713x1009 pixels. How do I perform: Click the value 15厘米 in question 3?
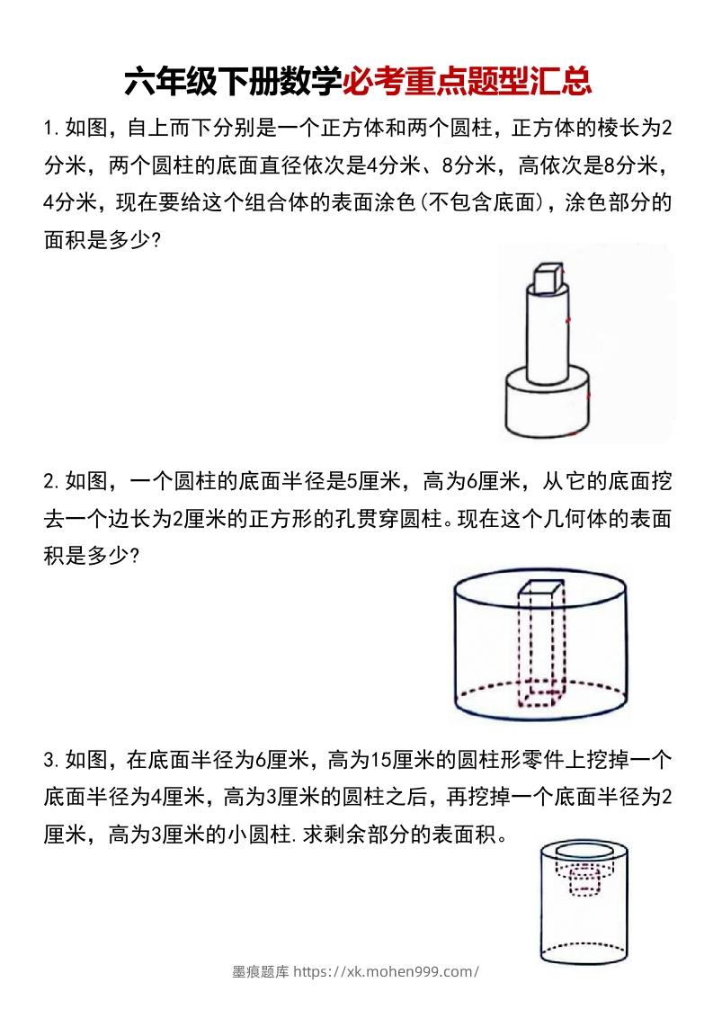point(397,761)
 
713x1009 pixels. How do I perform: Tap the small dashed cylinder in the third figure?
point(584,882)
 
